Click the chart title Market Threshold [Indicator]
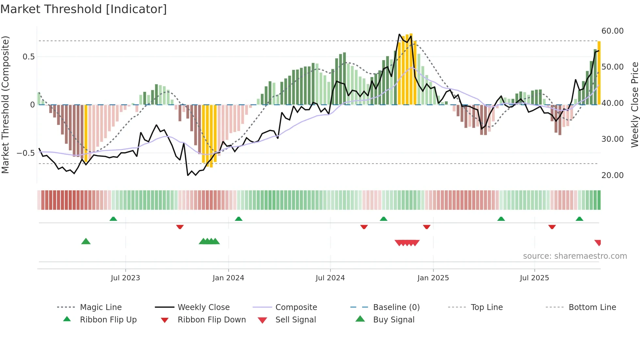(84, 9)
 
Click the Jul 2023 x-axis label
(125, 278)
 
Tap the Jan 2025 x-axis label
(433, 278)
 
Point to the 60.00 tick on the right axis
(612, 31)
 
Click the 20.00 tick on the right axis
(612, 175)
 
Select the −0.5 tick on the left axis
(25, 153)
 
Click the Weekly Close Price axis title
(634, 105)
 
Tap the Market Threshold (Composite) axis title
(5, 105)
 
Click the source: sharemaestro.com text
(575, 256)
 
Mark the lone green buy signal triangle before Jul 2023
(86, 241)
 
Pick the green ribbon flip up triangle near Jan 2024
(239, 219)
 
